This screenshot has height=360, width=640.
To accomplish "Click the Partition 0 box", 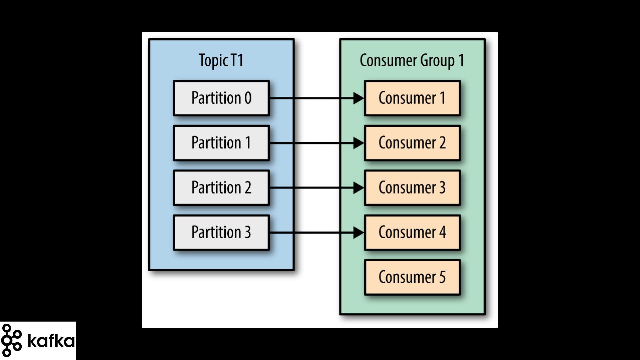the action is point(221,98).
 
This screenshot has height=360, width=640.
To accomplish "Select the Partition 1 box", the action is point(221,143).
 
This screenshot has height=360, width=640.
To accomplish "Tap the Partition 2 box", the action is point(221,188).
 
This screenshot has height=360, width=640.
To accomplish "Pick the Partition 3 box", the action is point(221,232).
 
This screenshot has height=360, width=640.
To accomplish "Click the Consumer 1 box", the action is point(412,98).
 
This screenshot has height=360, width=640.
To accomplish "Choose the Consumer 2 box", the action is point(412,143).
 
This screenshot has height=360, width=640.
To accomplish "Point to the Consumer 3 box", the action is point(412,188).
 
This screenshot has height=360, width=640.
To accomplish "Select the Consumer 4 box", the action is point(412,232).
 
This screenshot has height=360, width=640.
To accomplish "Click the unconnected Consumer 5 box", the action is point(412,277).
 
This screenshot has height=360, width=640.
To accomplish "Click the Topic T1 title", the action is point(221,61).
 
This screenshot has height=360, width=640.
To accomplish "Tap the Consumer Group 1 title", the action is point(412,61).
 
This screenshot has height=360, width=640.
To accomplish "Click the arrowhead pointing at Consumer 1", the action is point(359,98).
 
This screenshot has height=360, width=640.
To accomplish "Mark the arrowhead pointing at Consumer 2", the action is point(359,143).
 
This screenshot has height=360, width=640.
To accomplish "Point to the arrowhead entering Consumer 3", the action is point(359,188).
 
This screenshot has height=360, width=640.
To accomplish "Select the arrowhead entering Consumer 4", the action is point(359,233).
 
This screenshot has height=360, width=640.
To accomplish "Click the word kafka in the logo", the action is point(51,340).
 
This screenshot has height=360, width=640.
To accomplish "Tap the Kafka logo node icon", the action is point(11,340).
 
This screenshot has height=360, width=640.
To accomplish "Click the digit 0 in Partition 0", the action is point(248,98).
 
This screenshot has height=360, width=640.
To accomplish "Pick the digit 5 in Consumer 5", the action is point(442,277).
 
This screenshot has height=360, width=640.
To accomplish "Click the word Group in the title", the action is point(437,61).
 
